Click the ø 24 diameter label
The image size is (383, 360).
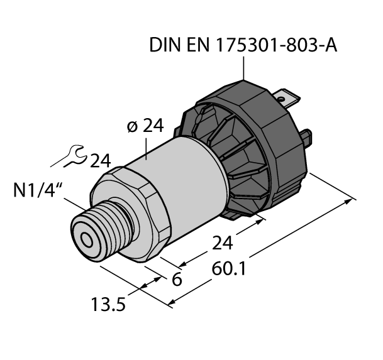pyautogui.click(x=145, y=126)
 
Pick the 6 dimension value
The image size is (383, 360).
pyautogui.click(x=176, y=280)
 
